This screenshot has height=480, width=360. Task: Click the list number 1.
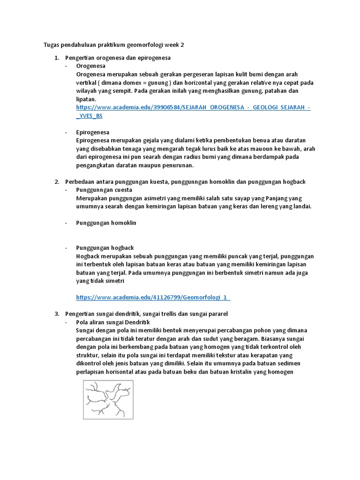[x=56, y=58]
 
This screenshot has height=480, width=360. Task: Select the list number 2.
[x=56, y=181]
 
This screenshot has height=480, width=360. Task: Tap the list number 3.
[x=56, y=314]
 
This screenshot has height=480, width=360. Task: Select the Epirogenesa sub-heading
[x=93, y=132]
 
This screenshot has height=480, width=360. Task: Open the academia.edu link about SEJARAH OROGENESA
[x=193, y=107]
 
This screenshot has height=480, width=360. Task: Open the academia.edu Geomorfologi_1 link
[x=153, y=297]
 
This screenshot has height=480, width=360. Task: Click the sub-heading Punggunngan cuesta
[x=104, y=190]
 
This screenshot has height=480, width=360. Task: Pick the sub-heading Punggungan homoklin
[x=106, y=223]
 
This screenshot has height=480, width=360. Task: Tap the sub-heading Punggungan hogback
[x=105, y=247]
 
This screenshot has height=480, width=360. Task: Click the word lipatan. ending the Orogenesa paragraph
[x=86, y=99]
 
